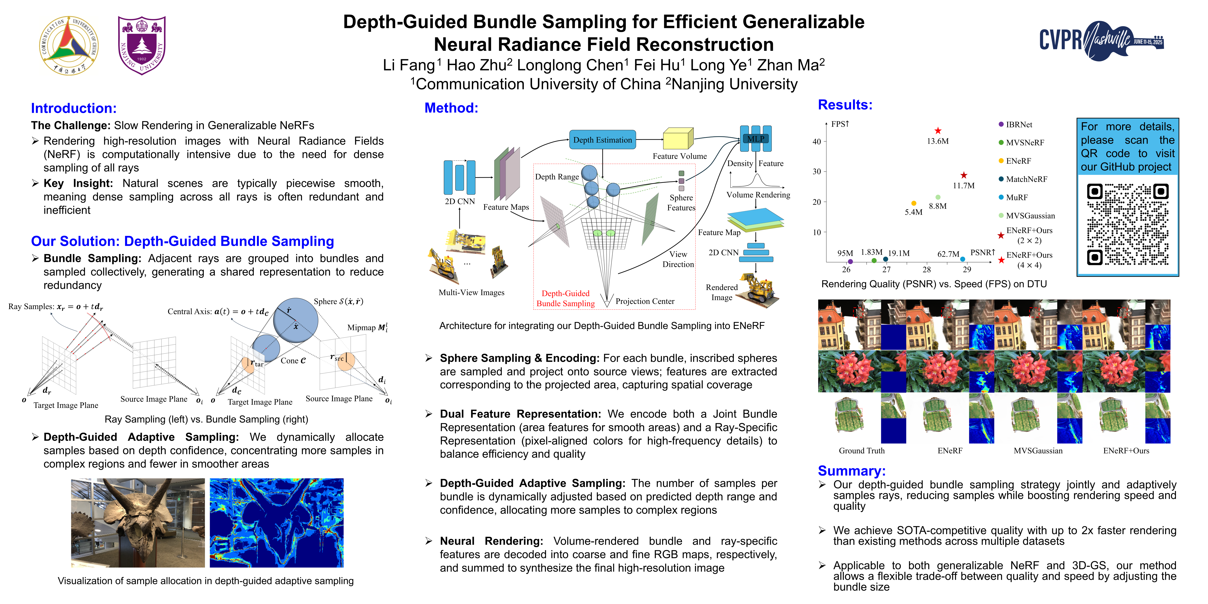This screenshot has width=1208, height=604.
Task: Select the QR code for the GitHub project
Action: point(1127,224)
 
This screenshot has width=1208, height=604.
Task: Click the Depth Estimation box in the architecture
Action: point(602,140)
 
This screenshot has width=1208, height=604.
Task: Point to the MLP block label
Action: point(755,138)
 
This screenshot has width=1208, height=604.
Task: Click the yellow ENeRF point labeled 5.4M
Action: point(914,203)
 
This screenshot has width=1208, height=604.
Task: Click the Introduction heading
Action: point(74,108)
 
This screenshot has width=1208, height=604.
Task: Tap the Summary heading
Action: point(851,471)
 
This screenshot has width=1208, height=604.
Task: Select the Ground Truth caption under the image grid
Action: point(861,451)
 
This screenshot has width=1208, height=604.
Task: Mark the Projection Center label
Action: point(645,301)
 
